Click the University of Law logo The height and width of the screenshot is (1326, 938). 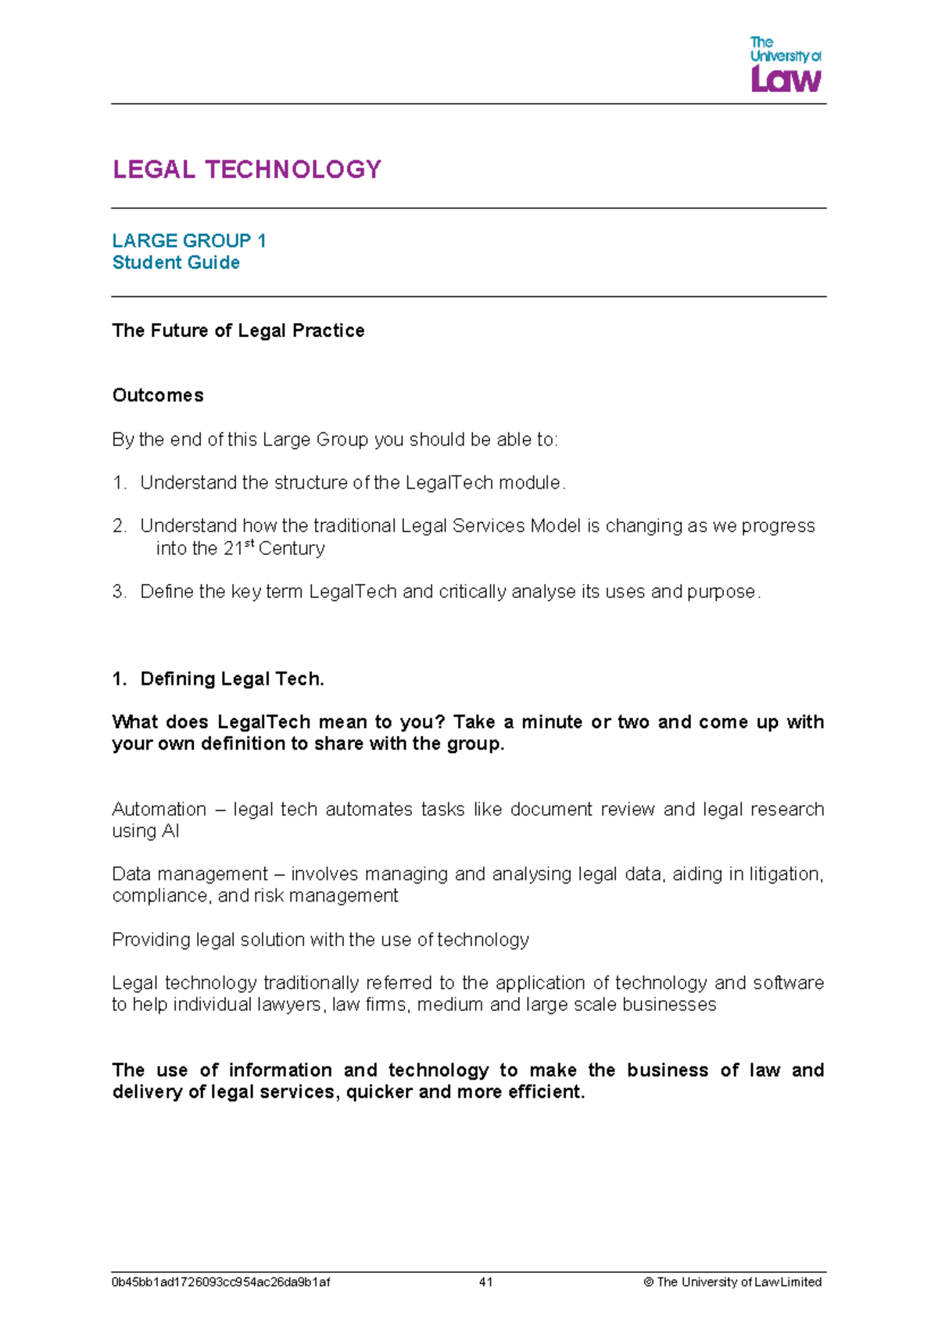(x=785, y=65)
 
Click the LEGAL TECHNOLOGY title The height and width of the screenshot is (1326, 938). (x=247, y=170)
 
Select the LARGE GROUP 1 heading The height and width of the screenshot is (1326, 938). (x=189, y=241)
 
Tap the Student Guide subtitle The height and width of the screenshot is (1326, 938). (x=176, y=263)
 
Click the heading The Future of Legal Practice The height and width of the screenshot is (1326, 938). (x=238, y=331)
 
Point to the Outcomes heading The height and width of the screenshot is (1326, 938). (x=158, y=396)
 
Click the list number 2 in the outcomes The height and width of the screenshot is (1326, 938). (x=119, y=526)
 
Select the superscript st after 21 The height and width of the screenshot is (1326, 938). (x=250, y=544)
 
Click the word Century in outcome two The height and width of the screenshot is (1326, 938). (x=292, y=549)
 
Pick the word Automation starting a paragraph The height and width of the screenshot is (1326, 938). (x=159, y=809)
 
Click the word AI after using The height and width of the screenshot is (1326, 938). (x=170, y=831)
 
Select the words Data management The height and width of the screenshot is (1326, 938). (x=190, y=874)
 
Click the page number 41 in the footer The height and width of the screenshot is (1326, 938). (x=485, y=1282)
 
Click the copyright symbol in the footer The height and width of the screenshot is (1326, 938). (x=648, y=1282)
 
